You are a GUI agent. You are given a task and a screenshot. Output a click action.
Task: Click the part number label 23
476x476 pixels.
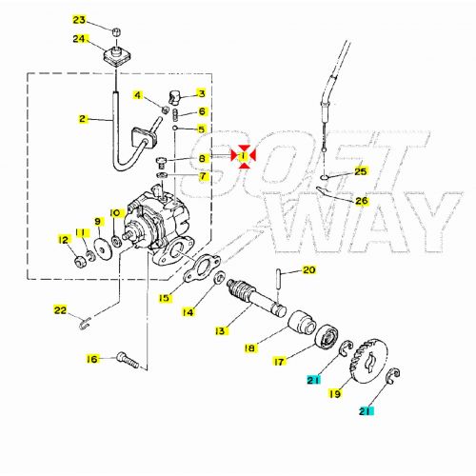pos(79,20)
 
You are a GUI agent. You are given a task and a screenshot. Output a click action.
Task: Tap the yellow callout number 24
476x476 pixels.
pos(79,39)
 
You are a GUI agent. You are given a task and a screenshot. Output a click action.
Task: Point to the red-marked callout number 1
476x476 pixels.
pos(244,155)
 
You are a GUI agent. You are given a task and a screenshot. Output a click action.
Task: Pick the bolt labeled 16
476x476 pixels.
pos(128,360)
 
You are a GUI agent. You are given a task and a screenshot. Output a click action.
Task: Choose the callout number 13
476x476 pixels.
pos(221,331)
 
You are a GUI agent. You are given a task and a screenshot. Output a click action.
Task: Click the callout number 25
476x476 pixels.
pos(359,171)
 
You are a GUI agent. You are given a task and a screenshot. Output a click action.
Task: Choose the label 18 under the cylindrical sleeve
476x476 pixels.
pos(250,349)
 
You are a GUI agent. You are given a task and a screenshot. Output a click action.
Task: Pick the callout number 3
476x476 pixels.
pos(201,93)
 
